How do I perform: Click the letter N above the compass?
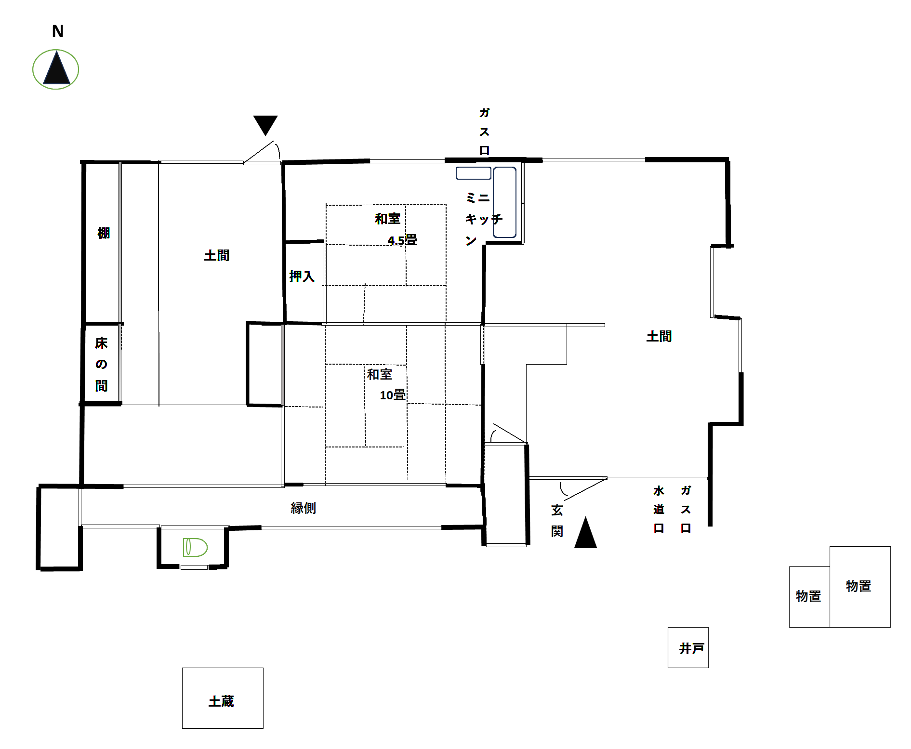(x=58, y=32)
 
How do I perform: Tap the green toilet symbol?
(x=195, y=547)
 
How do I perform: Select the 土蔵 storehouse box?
(x=223, y=698)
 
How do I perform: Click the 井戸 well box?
(x=688, y=647)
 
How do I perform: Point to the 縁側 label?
(x=303, y=508)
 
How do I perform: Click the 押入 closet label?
(x=302, y=276)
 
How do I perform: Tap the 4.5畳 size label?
(x=402, y=240)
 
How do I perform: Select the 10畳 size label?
(x=392, y=395)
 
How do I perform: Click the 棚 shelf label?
(x=104, y=233)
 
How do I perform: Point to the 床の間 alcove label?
(x=101, y=364)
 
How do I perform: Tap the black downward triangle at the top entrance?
(x=265, y=124)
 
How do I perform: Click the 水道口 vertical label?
(x=659, y=510)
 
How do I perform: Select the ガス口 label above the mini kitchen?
(x=484, y=131)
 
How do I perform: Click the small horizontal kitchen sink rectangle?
(x=473, y=173)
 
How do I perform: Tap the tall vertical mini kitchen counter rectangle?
(x=504, y=202)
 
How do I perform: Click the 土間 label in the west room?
(x=217, y=255)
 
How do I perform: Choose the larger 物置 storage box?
(x=859, y=587)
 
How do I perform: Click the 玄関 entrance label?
(x=557, y=520)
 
